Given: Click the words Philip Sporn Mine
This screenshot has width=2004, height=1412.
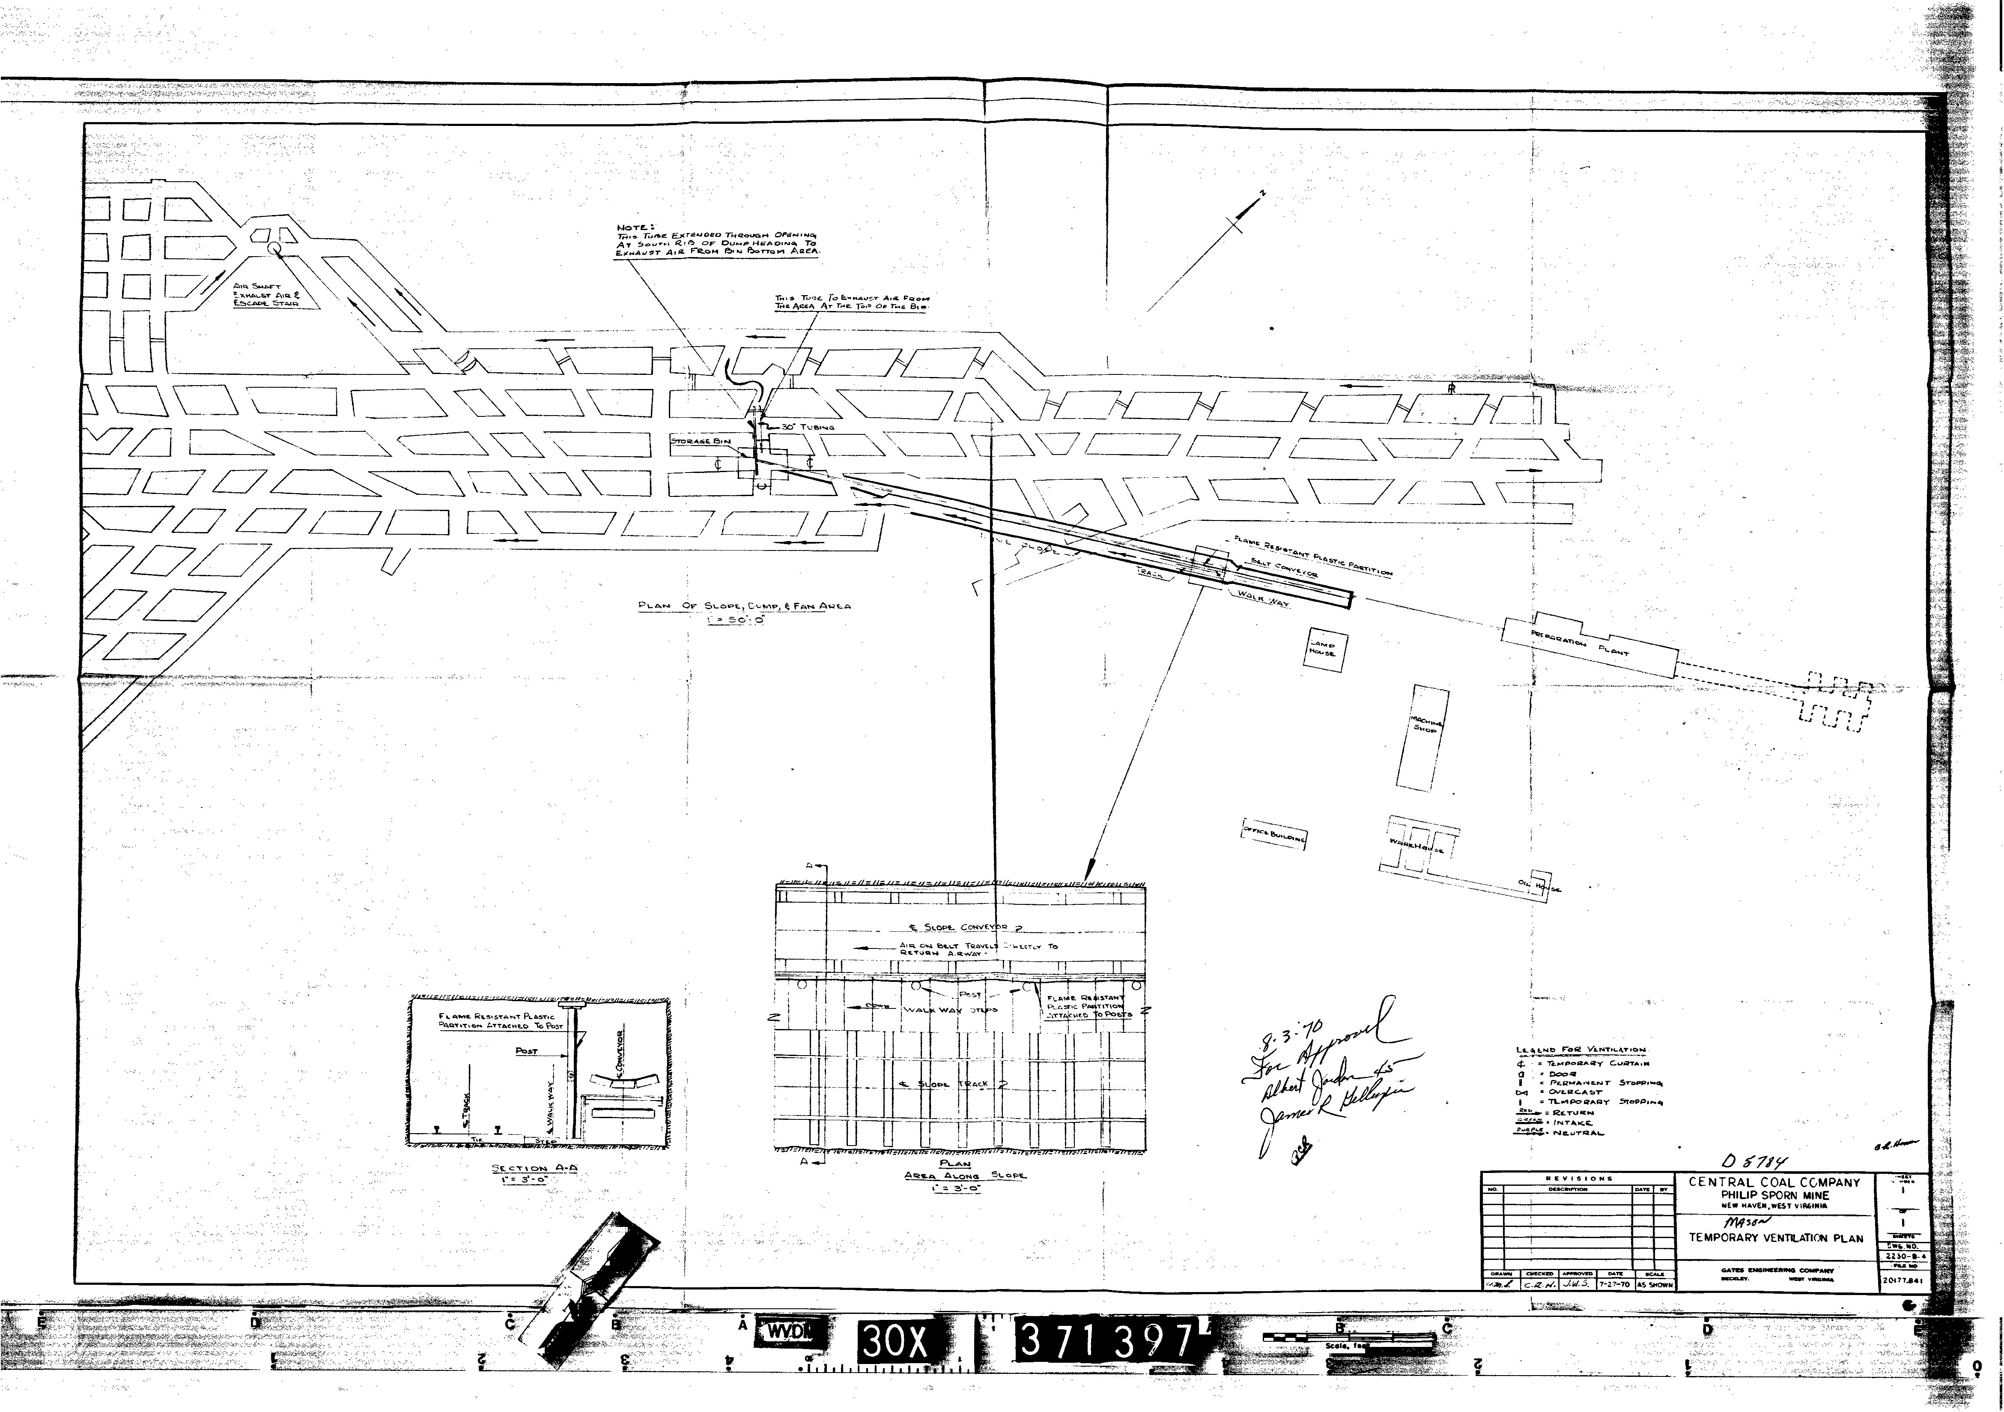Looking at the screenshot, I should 1774,1194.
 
